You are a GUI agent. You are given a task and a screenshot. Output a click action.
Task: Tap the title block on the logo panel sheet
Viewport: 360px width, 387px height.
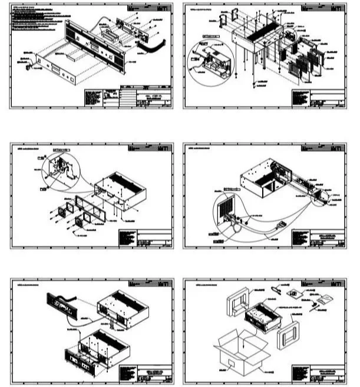[x=147, y=372]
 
